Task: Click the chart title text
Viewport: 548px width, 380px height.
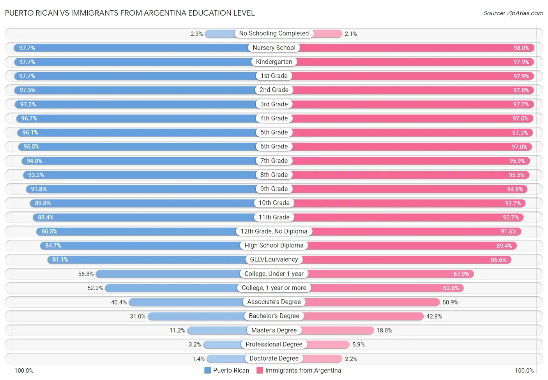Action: click(x=130, y=13)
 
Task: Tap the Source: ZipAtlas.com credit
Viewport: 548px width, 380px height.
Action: click(x=513, y=13)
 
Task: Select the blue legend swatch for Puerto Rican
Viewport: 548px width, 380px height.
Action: click(x=207, y=370)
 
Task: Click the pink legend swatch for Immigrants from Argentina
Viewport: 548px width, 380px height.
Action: click(x=260, y=370)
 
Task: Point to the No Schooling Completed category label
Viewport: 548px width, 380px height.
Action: click(x=274, y=34)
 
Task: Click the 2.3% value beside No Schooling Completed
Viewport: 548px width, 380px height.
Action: click(x=196, y=34)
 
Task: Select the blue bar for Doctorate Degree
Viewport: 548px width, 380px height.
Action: click(x=226, y=359)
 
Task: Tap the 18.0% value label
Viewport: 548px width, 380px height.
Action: click(x=384, y=331)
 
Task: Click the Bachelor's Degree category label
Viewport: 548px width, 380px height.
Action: click(x=274, y=316)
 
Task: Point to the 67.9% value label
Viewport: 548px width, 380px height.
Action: click(x=461, y=274)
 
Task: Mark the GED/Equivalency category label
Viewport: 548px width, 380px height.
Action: click(x=274, y=260)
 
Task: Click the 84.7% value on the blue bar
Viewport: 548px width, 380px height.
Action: click(x=53, y=246)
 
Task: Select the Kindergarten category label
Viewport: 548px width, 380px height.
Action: click(x=274, y=62)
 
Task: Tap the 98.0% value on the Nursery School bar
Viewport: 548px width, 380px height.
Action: click(x=521, y=48)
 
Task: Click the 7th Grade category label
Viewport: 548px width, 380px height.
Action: click(x=274, y=161)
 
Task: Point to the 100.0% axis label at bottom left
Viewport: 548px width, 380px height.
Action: click(x=24, y=370)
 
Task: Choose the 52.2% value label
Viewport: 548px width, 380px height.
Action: click(x=95, y=288)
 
